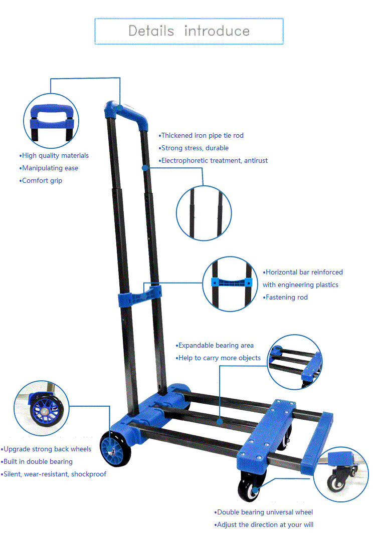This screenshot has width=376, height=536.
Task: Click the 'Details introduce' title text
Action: click(189, 31)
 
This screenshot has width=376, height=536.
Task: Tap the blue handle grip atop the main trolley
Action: click(128, 113)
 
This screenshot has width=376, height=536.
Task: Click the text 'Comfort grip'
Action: click(42, 180)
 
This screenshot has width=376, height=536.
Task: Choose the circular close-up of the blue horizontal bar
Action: click(231, 284)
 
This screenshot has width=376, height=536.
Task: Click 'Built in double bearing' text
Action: click(38, 461)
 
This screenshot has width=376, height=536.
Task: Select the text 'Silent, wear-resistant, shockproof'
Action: click(54, 474)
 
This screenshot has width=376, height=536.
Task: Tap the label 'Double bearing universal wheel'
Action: click(265, 512)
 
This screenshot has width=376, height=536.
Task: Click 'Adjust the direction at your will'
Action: click(265, 524)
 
